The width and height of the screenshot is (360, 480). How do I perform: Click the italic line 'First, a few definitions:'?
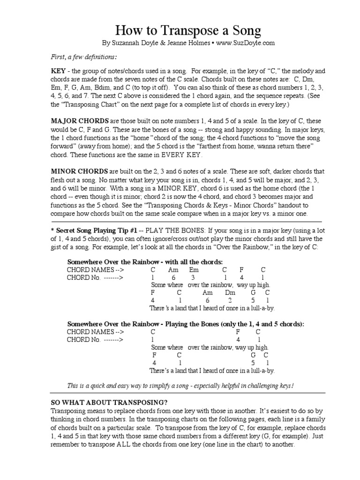83,57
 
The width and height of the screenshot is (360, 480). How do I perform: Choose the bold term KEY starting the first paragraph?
59,71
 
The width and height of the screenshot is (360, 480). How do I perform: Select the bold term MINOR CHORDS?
79,171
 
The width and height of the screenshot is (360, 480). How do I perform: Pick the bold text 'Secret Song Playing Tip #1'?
95,230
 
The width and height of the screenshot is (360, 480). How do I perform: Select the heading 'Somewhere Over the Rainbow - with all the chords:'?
145,262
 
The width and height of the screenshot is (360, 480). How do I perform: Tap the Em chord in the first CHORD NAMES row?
194,270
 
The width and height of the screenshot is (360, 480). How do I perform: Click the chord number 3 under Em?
193,277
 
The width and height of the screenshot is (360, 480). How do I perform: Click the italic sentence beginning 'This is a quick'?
180,385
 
